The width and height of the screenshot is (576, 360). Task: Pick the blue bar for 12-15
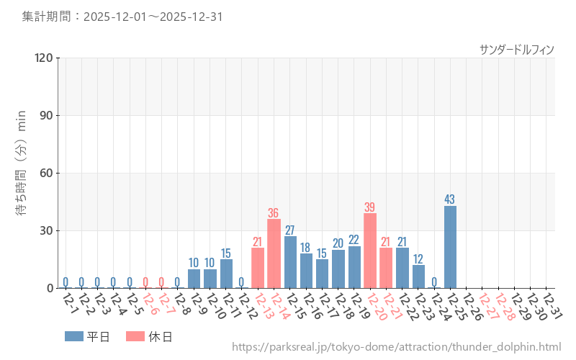click(290, 262)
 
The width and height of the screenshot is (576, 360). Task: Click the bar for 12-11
click(226, 274)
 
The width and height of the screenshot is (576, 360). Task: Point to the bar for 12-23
click(418, 276)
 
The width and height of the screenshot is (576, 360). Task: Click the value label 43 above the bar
click(450, 199)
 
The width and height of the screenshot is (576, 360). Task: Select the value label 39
click(370, 207)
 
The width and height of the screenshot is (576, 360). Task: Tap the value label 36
click(274, 213)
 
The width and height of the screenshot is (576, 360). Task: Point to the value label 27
click(290, 230)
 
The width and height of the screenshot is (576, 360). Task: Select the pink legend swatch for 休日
click(135, 336)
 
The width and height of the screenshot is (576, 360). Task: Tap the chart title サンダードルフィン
click(517, 50)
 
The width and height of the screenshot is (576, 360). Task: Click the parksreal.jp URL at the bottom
click(396, 348)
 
